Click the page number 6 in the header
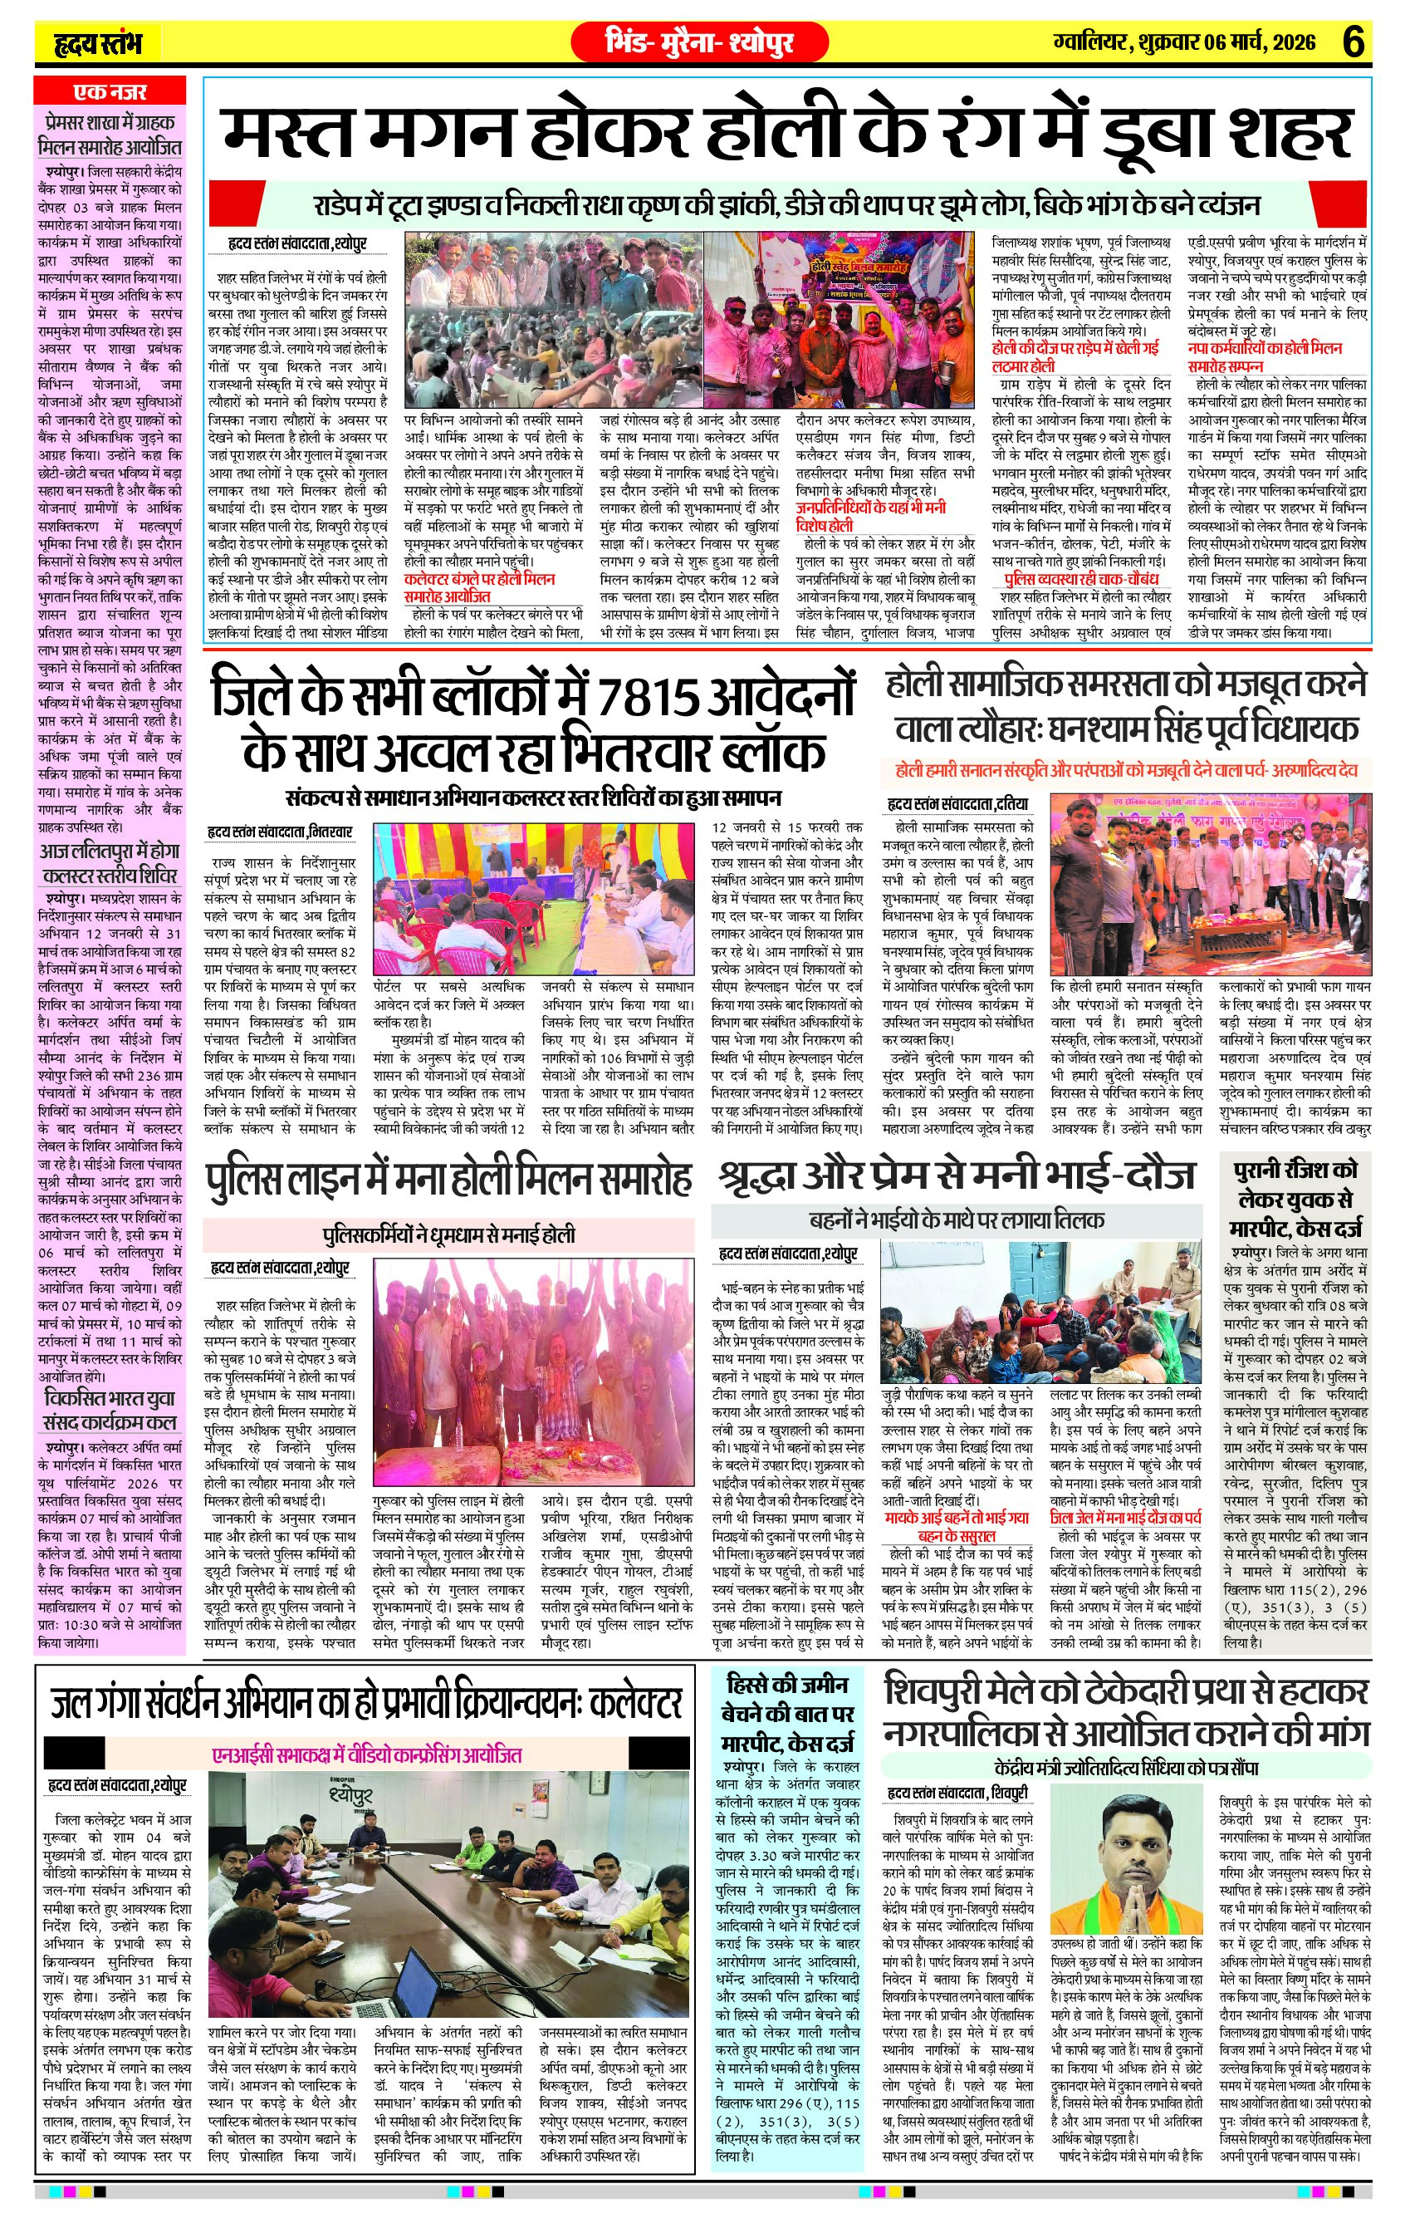click(1353, 42)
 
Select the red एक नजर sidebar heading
click(110, 92)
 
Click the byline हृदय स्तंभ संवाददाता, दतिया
click(957, 805)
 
